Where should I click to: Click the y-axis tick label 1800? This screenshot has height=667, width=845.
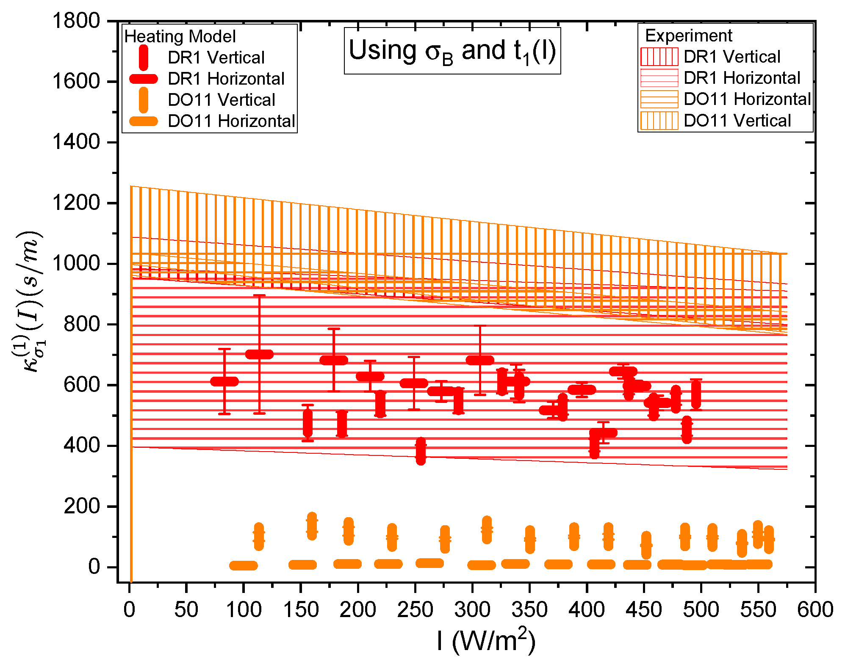coord(76,21)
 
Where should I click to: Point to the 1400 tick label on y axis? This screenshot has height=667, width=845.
coord(76,142)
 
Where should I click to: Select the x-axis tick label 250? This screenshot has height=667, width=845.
coord(415,610)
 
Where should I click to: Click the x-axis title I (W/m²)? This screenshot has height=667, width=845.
coord(486,640)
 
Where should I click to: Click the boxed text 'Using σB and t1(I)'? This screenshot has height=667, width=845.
coord(452,51)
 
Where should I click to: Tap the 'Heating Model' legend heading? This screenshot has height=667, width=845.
coord(180,36)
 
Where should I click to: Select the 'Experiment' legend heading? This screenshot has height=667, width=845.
coord(688,36)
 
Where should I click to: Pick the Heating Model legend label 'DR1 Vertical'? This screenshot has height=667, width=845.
coord(216,58)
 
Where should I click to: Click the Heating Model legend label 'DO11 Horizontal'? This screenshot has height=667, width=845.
coord(231,121)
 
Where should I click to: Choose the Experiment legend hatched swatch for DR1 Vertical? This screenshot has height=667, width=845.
coord(659,57)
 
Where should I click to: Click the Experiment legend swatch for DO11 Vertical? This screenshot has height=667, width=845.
coord(659,121)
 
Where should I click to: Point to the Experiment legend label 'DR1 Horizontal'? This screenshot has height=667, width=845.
coord(742,78)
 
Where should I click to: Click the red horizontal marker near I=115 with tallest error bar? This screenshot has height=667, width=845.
coord(259,354)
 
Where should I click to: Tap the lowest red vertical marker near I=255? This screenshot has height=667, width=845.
coord(421,451)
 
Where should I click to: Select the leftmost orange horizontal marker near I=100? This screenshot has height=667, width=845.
coord(243,565)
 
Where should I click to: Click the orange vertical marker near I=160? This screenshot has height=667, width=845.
coord(312,526)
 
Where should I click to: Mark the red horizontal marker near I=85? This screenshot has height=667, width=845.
coord(224,381)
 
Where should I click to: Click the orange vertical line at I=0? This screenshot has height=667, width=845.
coord(131,381)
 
